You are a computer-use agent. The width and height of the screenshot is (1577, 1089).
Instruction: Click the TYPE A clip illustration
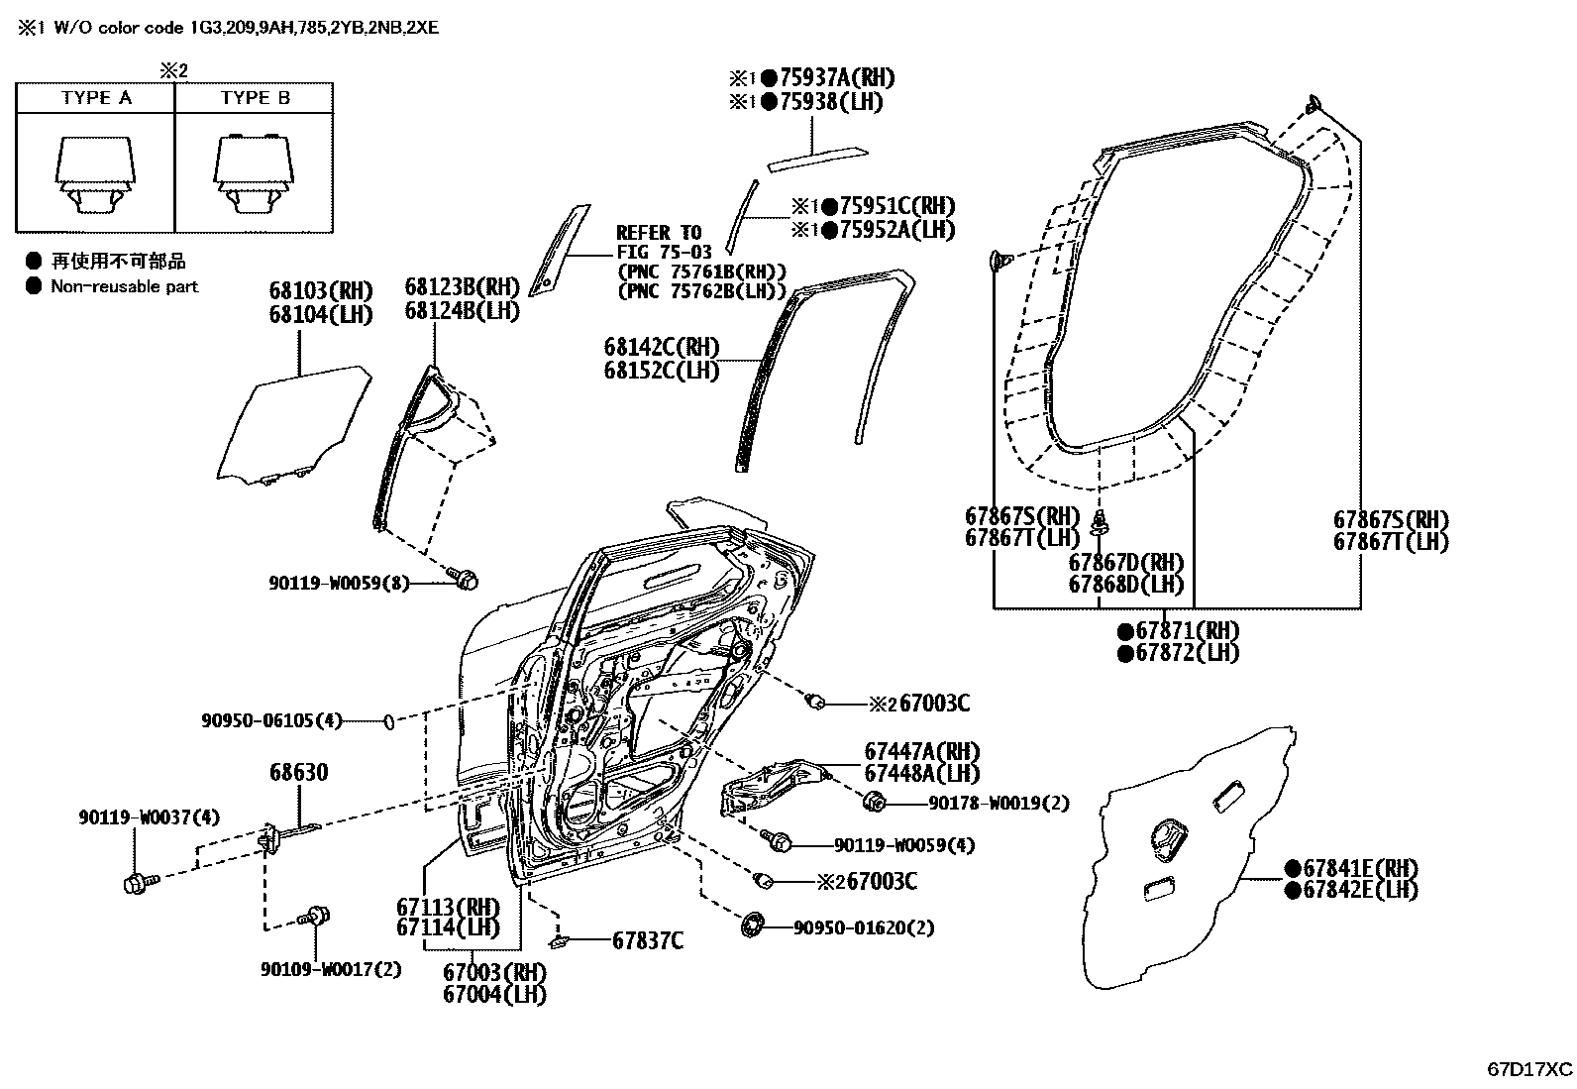click(95, 174)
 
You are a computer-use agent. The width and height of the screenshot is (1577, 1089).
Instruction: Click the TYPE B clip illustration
click(254, 174)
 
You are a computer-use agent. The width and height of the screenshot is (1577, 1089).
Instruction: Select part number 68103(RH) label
click(320, 291)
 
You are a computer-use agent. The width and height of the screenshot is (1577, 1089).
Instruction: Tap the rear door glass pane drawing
click(302, 426)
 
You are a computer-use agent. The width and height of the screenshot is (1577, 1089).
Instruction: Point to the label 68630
click(299, 772)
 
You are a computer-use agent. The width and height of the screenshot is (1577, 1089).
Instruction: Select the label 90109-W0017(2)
click(331, 969)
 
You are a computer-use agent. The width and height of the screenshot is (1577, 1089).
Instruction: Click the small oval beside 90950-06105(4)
click(389, 721)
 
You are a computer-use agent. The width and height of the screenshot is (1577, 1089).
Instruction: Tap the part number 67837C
click(647, 940)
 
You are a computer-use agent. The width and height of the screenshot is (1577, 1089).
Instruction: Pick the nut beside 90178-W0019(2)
click(874, 802)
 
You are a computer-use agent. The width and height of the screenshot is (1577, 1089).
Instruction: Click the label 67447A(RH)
click(921, 751)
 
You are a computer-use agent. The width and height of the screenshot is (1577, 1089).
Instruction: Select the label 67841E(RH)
click(1359, 868)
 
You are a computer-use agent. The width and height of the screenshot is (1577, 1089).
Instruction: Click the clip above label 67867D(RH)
click(1098, 522)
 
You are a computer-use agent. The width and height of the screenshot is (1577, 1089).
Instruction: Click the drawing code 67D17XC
click(1528, 1069)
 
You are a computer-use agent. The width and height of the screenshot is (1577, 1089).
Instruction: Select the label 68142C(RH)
click(661, 348)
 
